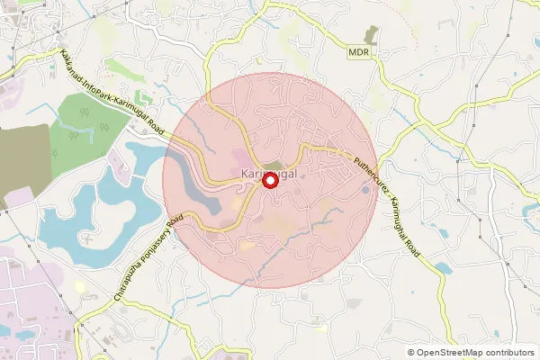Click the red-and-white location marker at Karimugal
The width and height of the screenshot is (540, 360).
(269, 180)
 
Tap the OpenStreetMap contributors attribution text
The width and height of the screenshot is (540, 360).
(477, 353)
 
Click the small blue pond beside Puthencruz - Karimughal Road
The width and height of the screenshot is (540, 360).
(444, 267)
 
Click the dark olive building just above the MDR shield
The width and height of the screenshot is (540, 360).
(374, 35)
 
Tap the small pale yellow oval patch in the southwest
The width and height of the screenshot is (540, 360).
(80, 286)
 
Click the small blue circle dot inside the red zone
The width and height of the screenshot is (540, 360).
(364, 190)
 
